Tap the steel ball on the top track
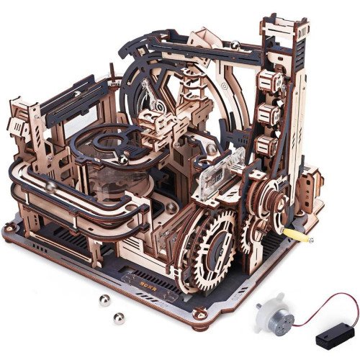235,45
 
